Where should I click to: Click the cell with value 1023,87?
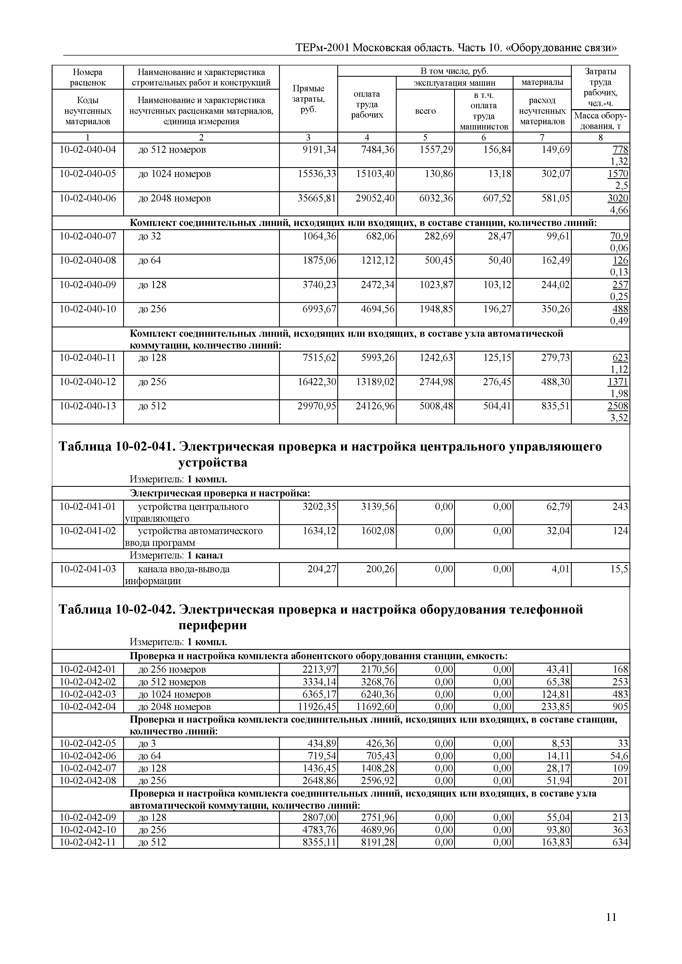436,285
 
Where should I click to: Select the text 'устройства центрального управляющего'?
193,512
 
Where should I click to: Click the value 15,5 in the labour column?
619,569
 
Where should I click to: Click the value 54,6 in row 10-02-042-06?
619,756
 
